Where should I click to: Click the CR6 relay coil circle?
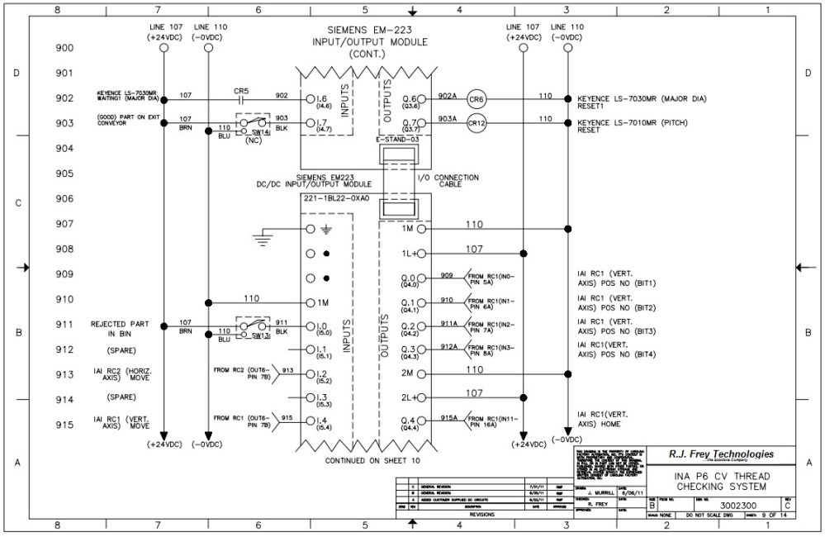click(x=477, y=98)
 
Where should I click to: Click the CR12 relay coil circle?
click(x=477, y=122)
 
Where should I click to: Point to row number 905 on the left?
click(x=64, y=174)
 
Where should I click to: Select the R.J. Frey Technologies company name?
click(x=722, y=454)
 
